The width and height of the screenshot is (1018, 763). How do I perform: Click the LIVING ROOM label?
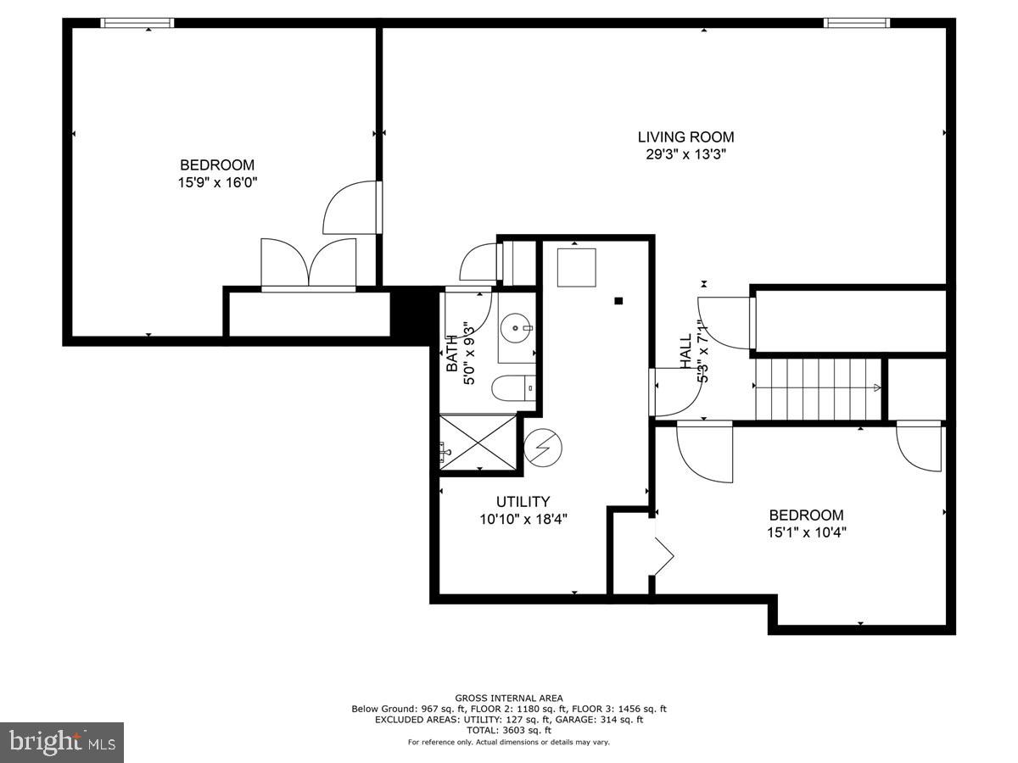click(685, 136)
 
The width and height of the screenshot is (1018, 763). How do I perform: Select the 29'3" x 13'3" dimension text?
click(685, 154)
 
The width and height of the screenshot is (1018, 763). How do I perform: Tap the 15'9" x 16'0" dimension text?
click(217, 181)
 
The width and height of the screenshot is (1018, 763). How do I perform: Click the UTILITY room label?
click(523, 501)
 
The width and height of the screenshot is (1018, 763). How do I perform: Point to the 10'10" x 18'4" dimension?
click(523, 519)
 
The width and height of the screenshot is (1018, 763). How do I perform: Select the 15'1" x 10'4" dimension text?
click(806, 532)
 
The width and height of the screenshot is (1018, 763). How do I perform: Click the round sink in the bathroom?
click(517, 326)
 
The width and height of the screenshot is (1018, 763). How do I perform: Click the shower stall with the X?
click(478, 441)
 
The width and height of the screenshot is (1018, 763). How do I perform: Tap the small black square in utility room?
click(618, 300)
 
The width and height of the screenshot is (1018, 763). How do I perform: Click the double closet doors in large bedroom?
click(308, 265)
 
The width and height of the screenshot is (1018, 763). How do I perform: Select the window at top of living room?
click(857, 23)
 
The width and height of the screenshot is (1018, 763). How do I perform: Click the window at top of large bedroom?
click(137, 23)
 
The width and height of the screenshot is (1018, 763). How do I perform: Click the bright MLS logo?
click(62, 743)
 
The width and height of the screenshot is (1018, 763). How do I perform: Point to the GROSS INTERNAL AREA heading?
click(509, 699)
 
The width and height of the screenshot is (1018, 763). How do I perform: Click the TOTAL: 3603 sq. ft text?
click(509, 730)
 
